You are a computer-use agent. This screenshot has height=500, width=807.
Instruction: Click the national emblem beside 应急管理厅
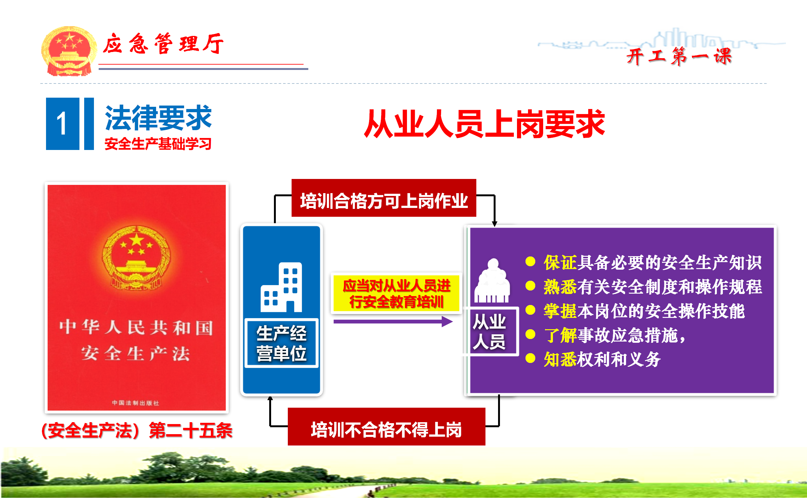[x=69, y=51]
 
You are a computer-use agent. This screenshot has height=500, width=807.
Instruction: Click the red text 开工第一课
[x=679, y=56]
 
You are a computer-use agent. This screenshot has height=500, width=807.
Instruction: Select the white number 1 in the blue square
[x=62, y=124]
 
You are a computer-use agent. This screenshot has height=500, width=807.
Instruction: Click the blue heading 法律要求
[x=158, y=118]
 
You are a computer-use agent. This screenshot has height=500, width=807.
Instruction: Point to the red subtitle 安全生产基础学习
[x=158, y=144]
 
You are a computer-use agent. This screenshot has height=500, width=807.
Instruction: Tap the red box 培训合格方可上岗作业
[x=384, y=198]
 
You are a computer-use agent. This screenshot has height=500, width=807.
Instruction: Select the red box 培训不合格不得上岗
[x=386, y=427]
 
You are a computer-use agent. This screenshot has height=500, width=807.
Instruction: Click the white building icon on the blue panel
[x=281, y=287]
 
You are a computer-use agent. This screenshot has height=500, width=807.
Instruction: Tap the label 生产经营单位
[x=282, y=343]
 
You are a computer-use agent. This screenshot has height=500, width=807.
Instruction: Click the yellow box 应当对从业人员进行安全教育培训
[x=396, y=293]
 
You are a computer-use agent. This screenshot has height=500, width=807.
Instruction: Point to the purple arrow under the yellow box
[x=393, y=321]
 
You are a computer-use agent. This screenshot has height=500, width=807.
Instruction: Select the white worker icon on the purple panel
[x=492, y=280]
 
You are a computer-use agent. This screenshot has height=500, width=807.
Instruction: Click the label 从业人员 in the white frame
[x=490, y=331]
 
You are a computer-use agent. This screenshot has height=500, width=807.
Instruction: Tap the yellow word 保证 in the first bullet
[x=560, y=263]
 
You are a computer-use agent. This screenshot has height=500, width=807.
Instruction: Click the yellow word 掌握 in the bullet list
[x=560, y=311]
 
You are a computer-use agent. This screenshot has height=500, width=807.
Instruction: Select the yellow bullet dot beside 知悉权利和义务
[x=531, y=358]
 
